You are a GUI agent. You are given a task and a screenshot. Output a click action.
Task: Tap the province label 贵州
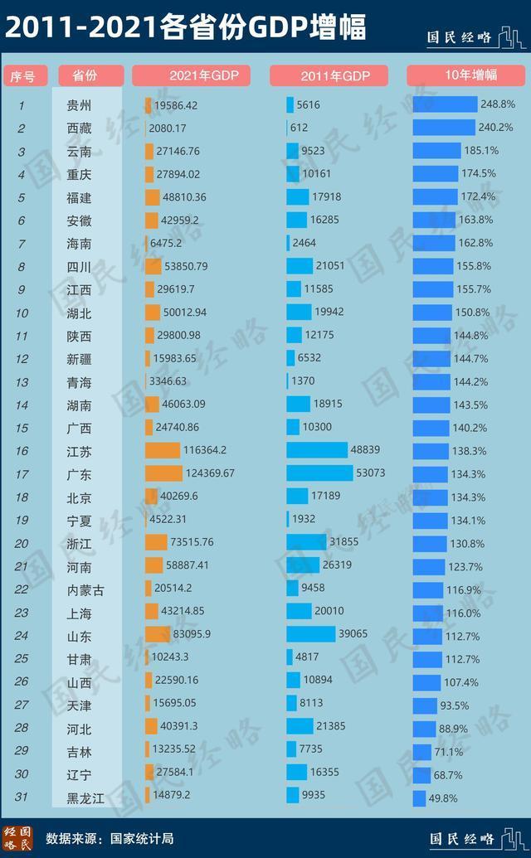(x=80, y=105)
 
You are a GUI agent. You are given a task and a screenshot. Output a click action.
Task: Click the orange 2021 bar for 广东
(x=163, y=473)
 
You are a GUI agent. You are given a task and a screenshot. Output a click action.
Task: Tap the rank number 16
(x=22, y=451)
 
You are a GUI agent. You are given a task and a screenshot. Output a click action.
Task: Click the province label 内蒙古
(x=86, y=589)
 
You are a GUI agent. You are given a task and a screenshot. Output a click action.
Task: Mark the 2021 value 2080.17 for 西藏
(x=168, y=128)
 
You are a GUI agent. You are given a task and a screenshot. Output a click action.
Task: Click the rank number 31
(x=22, y=797)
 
